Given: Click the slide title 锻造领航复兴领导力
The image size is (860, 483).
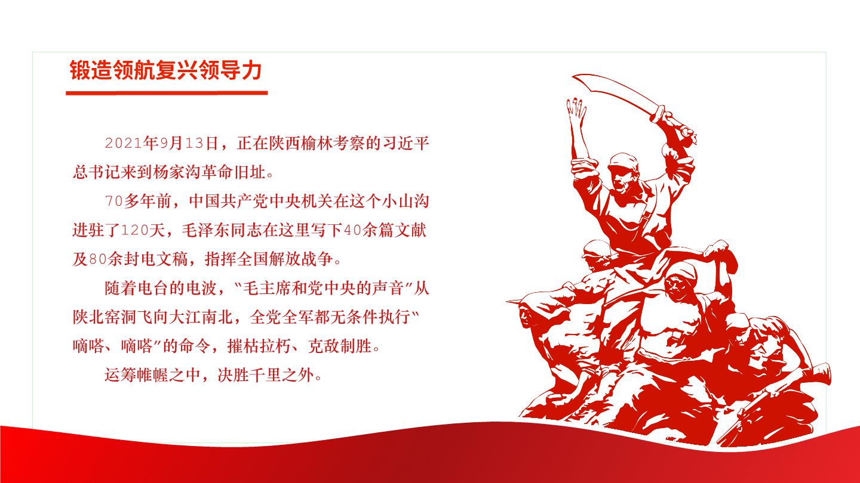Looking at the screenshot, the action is tap(166, 70).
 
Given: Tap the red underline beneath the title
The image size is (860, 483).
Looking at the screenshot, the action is tap(167, 93).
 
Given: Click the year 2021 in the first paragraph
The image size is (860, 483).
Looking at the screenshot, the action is tap(124, 143).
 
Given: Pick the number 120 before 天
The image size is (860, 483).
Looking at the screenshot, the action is tap(135, 230).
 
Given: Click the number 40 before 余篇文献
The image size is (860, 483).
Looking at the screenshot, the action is tap(352, 230).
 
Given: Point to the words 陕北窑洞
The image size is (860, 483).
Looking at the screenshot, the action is tap(105, 317).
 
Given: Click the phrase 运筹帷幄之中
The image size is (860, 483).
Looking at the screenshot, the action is tap(152, 375).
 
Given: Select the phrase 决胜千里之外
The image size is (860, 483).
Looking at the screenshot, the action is tap(266, 375).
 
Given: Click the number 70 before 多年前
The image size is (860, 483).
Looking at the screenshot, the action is tap(114, 202).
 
